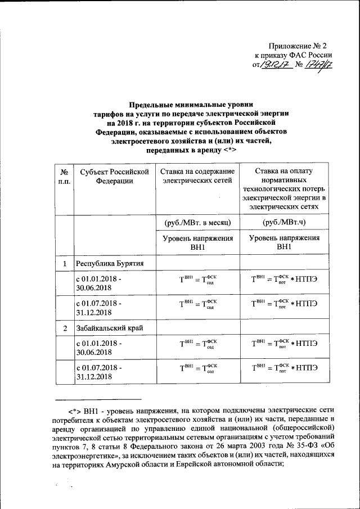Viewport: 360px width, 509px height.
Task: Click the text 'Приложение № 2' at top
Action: click(298, 44)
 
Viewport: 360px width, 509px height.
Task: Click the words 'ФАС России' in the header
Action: click(312, 55)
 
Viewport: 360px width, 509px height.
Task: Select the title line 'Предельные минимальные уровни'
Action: click(191, 105)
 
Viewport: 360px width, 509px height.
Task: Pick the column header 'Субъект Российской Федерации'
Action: click(114, 176)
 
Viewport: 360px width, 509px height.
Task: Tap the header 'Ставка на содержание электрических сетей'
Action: click(197, 176)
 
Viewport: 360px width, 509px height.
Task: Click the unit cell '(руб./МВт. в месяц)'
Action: click(197, 223)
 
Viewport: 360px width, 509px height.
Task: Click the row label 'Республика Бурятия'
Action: click(111, 263)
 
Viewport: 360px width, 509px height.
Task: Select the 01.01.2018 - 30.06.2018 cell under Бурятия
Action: click(98, 283)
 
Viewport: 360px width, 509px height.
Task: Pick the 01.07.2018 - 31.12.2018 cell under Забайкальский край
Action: click(98, 372)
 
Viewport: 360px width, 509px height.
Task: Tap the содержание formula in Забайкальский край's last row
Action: click(197, 368)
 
